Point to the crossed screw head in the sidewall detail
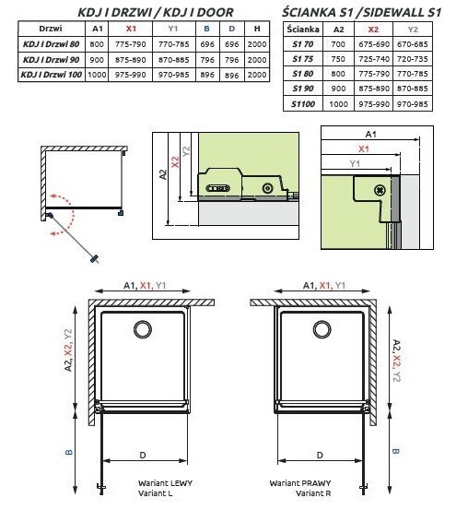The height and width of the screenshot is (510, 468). tap(380, 187)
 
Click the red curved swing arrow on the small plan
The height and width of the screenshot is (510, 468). tap(59, 214)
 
